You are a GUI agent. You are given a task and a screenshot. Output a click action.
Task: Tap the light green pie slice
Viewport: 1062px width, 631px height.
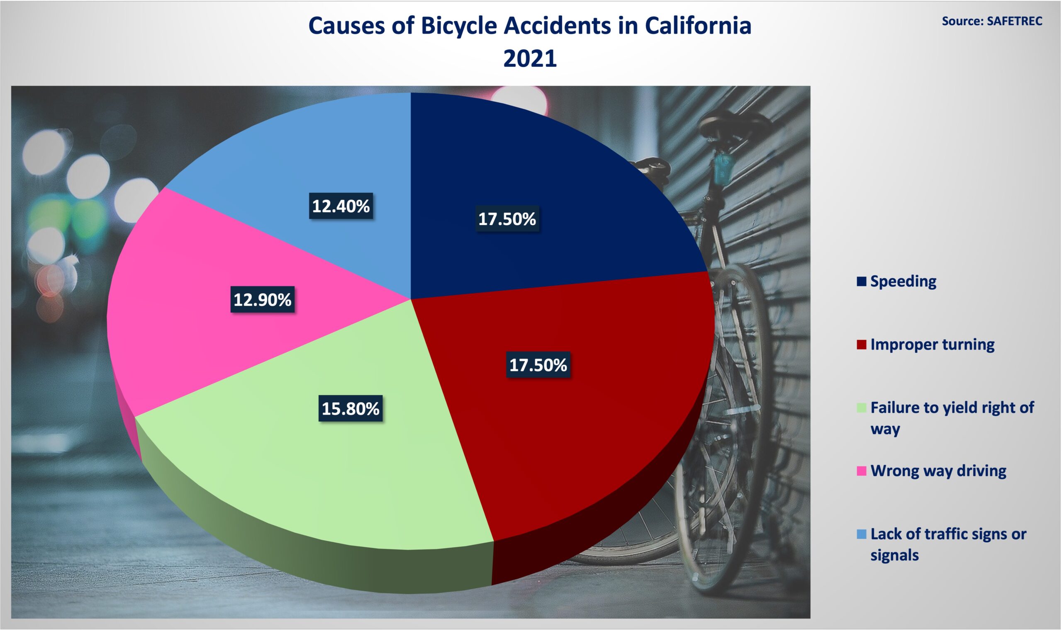pyautogui.click(x=323, y=476)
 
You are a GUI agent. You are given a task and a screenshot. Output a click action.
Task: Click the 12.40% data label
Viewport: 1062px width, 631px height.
pyautogui.click(x=341, y=206)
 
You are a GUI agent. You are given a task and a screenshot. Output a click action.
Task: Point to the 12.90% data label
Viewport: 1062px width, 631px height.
pyautogui.click(x=263, y=300)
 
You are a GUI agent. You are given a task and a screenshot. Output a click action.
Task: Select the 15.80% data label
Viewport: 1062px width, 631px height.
pyautogui.click(x=351, y=409)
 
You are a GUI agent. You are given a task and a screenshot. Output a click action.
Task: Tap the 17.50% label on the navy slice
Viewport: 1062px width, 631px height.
pyautogui.click(x=507, y=219)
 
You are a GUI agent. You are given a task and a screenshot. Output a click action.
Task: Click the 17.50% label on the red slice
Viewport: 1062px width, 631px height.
pyautogui.click(x=538, y=365)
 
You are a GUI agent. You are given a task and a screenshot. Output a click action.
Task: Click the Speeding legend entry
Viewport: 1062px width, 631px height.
pyautogui.click(x=896, y=282)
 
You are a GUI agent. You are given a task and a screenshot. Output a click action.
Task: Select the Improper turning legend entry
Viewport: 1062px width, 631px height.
pyautogui.click(x=926, y=345)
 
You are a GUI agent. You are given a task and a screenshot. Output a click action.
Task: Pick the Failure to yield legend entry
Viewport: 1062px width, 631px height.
pyautogui.click(x=945, y=418)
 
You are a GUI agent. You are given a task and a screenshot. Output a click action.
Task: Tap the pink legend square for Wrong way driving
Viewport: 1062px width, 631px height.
pyautogui.click(x=861, y=471)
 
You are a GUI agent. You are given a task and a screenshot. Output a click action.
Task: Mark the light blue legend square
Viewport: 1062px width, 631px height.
pyautogui.click(x=861, y=534)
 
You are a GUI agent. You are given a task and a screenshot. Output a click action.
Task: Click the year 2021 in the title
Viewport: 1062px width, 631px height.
pyautogui.click(x=530, y=58)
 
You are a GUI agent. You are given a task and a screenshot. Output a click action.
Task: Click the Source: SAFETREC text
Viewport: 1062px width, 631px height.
pyautogui.click(x=992, y=21)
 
